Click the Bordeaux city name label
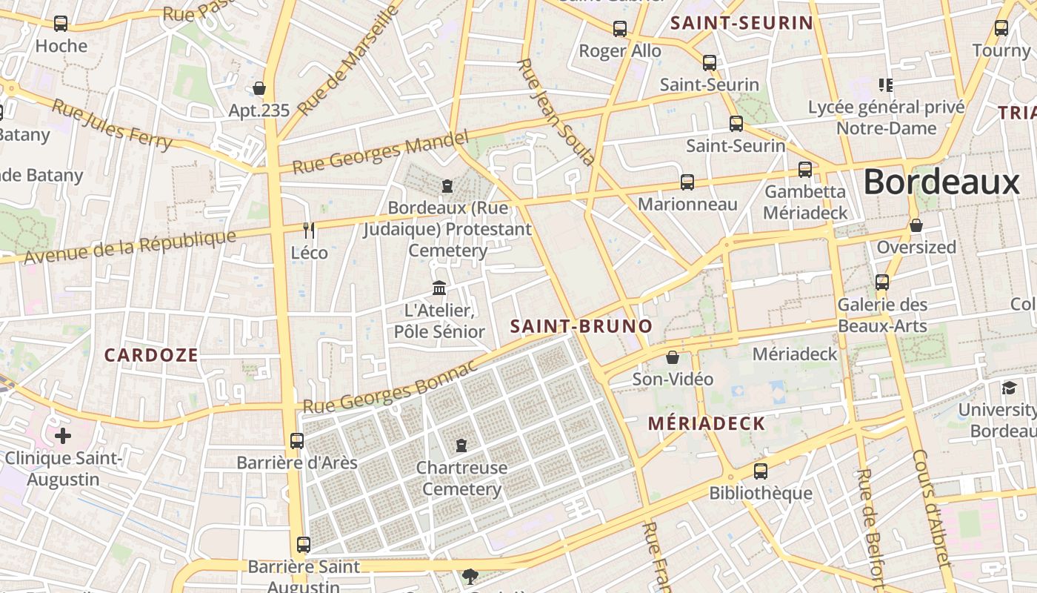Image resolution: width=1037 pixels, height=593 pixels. (941, 182)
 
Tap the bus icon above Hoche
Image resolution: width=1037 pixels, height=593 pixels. (61, 24)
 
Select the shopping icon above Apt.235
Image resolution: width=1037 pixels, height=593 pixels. (259, 89)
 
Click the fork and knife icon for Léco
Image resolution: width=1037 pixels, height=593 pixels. (309, 231)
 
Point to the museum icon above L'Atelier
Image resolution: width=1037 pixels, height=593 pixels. (439, 288)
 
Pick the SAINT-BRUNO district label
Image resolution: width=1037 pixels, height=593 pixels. (581, 326)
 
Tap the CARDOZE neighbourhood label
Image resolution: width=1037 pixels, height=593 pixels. (151, 355)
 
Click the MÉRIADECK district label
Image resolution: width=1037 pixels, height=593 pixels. (707, 423)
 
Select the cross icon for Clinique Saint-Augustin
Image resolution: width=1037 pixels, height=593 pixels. (63, 435)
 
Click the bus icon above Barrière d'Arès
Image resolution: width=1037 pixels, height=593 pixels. (297, 441)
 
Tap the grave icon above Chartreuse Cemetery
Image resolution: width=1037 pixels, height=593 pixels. (461, 445)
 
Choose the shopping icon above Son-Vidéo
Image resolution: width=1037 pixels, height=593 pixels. (673, 358)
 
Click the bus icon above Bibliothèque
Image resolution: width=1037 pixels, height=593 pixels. (761, 471)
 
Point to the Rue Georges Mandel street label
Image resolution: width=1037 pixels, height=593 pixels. (381, 152)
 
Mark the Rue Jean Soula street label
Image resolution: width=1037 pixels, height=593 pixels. (556, 112)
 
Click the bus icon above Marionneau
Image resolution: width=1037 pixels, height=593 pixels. (687, 182)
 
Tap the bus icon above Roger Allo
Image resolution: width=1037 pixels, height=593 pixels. (620, 29)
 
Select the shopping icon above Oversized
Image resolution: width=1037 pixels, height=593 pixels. (916, 225)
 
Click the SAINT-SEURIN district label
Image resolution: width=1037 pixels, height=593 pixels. (741, 23)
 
